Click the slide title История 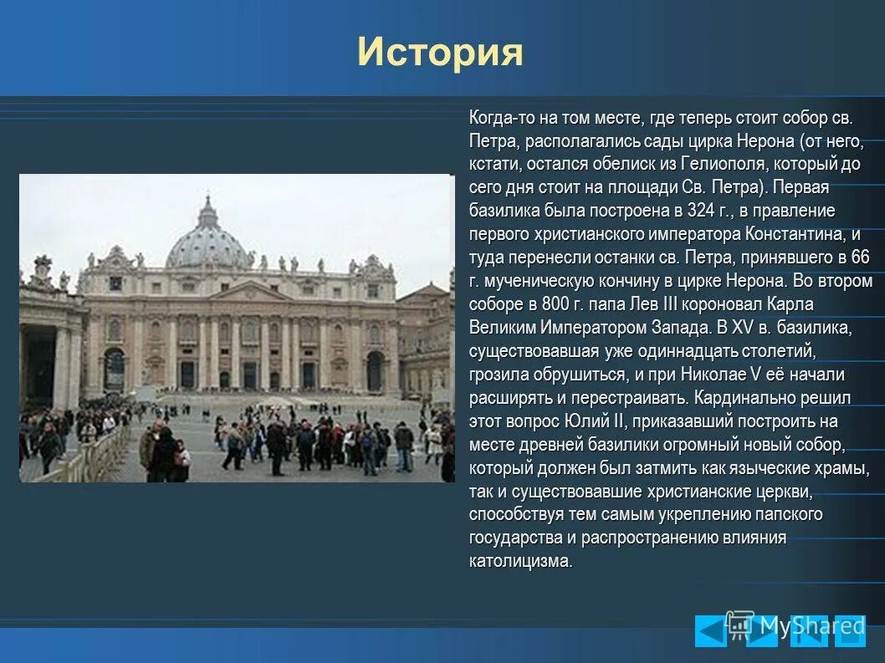(440, 52)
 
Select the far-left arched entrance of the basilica (115, 368)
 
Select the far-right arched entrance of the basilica (376, 370)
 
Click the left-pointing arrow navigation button (710, 631)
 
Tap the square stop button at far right (850, 631)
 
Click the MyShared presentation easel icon (739, 624)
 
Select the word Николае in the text (715, 374)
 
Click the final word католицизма (520, 561)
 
